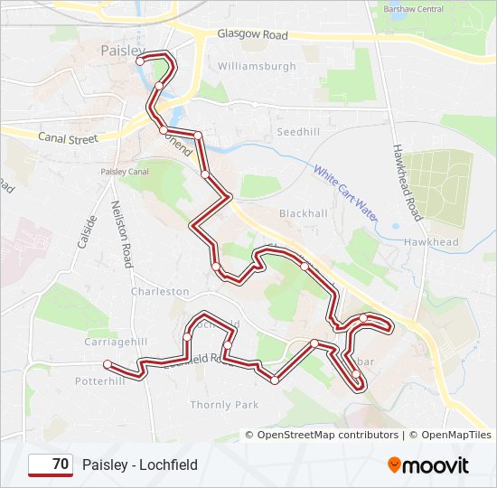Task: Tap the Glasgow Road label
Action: pos(252,34)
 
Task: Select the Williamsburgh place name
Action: pos(257,67)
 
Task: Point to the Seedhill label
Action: pos(298,132)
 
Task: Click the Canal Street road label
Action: pos(68,138)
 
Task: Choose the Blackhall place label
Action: pos(303,213)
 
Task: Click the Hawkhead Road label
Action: pos(407,182)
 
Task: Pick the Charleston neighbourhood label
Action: pos(160,292)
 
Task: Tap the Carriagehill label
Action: pos(115,343)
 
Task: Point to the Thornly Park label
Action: pos(224,405)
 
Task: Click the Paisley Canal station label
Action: pos(125,172)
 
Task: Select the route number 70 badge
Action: pos(52,465)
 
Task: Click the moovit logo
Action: pos(428,465)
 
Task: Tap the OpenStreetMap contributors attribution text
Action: pos(327,435)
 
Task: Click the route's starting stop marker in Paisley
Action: pos(140,61)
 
